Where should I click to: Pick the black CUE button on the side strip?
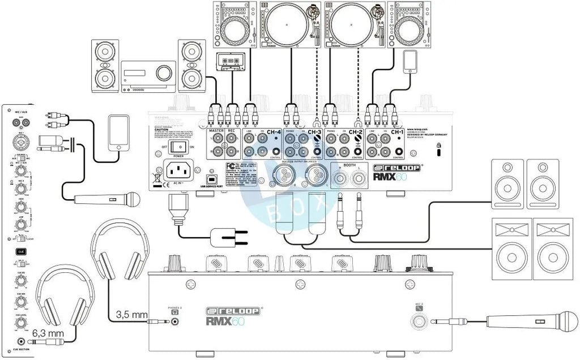(20, 250)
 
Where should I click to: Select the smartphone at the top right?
(410, 61)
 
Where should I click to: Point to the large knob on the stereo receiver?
(164, 72)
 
